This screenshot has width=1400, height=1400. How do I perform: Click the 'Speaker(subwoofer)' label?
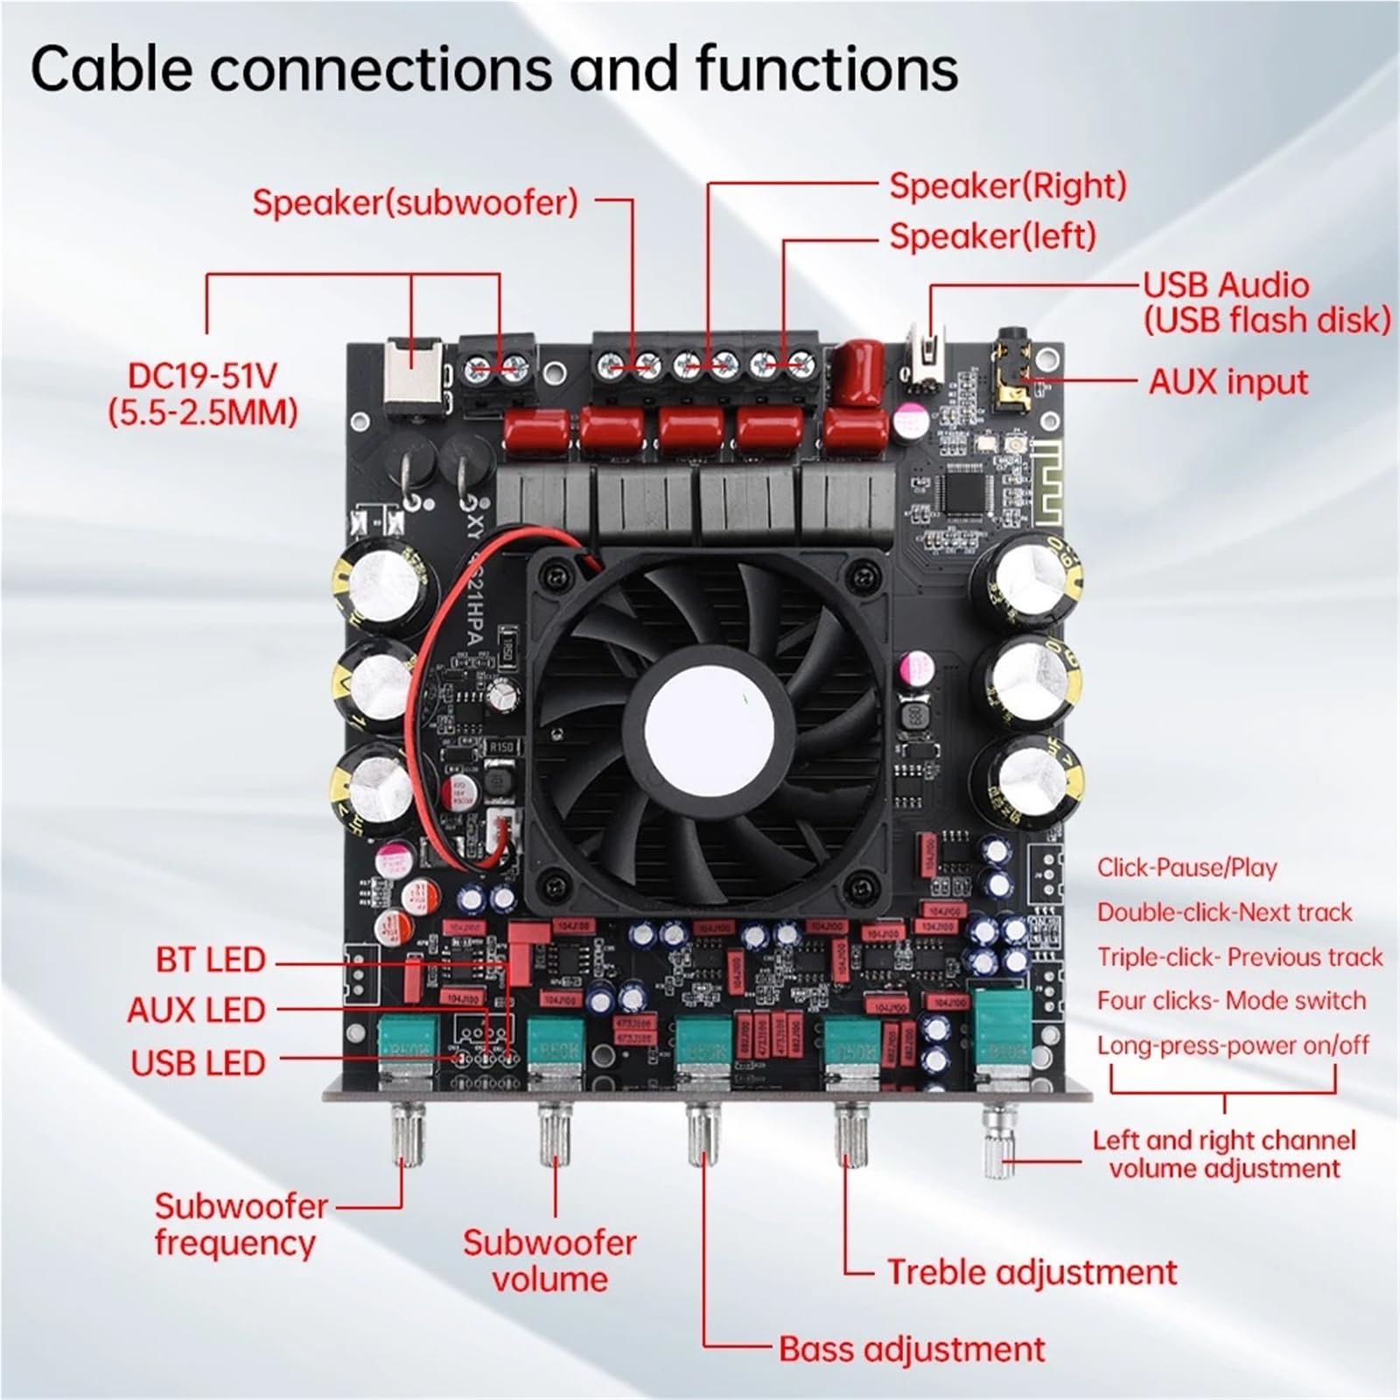point(415,202)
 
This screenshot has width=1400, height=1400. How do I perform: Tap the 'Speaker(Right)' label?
point(1007,185)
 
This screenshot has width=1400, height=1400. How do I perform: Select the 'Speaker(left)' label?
point(992,236)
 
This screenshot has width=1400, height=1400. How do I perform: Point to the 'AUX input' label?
point(1228,382)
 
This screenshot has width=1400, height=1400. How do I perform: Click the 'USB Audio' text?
point(1226,285)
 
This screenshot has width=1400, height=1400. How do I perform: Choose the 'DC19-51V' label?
point(202,376)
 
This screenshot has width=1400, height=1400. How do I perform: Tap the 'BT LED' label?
point(210,960)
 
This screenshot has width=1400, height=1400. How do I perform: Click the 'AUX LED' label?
point(196,1011)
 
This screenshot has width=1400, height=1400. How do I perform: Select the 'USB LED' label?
point(198,1063)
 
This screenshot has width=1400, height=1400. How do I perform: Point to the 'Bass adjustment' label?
point(912,1348)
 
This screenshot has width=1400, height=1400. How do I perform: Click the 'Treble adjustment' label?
point(1032,1272)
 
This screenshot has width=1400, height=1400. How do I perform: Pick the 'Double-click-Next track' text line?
point(1224,913)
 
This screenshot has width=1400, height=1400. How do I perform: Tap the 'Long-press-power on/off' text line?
point(1233,1046)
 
